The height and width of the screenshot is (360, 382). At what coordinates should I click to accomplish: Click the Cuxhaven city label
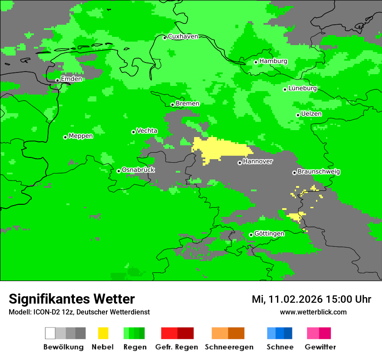pos(183,36)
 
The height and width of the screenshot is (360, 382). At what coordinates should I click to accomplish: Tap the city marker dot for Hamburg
pos(256,62)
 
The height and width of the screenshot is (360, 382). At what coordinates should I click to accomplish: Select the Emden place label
pos(71,79)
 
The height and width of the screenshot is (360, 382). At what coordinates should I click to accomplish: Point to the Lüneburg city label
pos(303,88)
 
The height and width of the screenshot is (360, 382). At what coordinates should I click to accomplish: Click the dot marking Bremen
pos(172,105)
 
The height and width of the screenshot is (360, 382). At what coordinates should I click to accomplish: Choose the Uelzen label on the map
pos(311,114)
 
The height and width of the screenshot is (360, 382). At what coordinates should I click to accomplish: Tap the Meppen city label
pos(81,136)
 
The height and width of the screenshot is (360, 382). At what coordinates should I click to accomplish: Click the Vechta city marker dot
pos(133,132)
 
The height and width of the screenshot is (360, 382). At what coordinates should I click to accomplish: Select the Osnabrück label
pos(138,170)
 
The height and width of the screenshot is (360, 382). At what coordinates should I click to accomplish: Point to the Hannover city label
pos(258,161)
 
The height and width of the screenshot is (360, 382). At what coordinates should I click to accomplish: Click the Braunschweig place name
pos(319,171)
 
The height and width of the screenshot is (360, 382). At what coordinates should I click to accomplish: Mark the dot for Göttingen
pos(251,235)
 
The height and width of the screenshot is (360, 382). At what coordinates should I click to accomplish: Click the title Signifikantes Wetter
pos(72,299)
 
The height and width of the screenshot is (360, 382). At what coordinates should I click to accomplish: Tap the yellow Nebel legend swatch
pos(103,333)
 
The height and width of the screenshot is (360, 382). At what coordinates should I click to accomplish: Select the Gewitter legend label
pos(320,347)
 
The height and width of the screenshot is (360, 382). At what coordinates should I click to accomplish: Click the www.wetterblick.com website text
pos(313,312)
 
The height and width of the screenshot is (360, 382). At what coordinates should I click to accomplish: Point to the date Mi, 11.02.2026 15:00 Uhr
pos(311,299)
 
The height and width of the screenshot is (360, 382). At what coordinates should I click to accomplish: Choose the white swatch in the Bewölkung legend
pos(50,333)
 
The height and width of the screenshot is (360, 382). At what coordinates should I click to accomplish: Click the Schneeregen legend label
pos(229,347)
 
